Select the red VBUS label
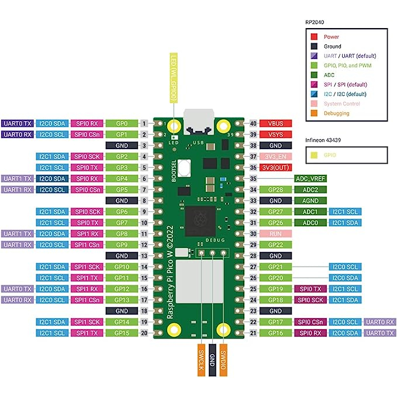276,123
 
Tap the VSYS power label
276,134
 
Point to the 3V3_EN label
276,156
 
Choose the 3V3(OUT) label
276,167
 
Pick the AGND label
310,200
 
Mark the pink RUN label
276,233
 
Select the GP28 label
276,189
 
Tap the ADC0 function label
310,222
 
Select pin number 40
253,123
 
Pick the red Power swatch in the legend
315,37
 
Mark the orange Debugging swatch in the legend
315,113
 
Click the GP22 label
276,244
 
